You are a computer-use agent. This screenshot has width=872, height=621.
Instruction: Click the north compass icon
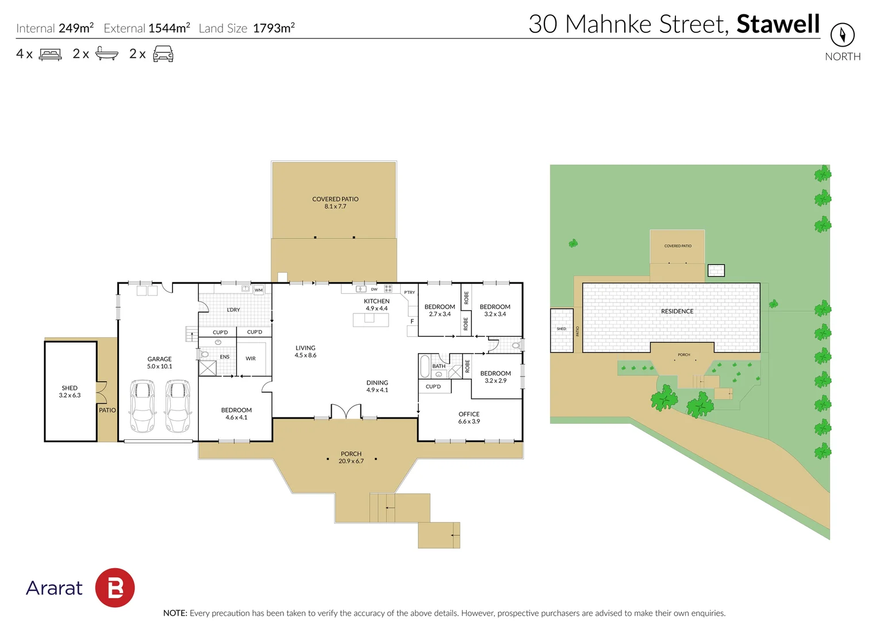click(x=842, y=35)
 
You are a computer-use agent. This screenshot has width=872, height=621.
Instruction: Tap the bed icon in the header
click(x=50, y=55)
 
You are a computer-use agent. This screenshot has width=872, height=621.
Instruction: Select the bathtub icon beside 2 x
click(x=106, y=54)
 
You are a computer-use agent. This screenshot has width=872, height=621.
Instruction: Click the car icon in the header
click(x=163, y=54)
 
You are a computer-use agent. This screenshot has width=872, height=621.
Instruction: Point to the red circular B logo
click(x=114, y=588)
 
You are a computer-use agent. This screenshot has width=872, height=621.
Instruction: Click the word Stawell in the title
click(x=778, y=24)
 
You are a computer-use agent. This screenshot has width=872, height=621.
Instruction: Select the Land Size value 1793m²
click(x=274, y=28)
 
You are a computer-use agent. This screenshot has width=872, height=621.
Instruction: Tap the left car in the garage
click(x=142, y=405)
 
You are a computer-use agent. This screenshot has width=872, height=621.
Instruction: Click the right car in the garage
click(x=178, y=405)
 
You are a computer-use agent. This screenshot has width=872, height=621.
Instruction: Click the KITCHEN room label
click(x=377, y=301)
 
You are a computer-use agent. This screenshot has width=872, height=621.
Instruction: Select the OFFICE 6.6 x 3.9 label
click(x=468, y=417)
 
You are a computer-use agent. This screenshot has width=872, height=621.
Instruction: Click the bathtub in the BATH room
click(x=425, y=366)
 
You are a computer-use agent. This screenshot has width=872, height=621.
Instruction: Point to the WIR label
click(x=251, y=359)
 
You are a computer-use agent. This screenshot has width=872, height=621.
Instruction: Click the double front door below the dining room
click(x=345, y=412)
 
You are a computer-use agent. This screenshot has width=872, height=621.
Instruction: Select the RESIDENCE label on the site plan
click(x=677, y=312)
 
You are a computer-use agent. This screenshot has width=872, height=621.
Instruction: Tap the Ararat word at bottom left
click(x=54, y=588)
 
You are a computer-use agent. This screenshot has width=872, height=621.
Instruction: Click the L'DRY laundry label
click(x=233, y=310)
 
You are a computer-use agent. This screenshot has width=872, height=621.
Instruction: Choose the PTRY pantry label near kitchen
click(x=409, y=293)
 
